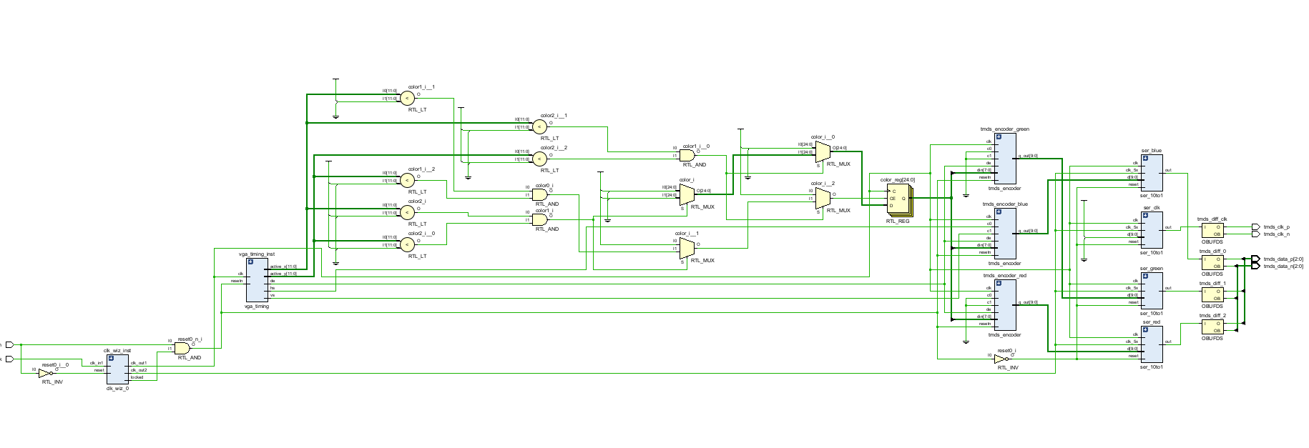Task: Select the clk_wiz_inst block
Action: pos(117,369)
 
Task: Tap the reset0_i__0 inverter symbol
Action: pos(44,373)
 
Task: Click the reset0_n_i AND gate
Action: pos(182,348)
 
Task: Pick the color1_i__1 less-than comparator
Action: pos(407,99)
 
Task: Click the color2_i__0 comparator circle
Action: pos(407,244)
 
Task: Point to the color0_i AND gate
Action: pos(540,194)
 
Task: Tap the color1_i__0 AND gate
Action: pos(687,155)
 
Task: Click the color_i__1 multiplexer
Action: pos(686,249)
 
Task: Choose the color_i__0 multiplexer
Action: pos(823,151)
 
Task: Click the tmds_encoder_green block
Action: pos(1005,159)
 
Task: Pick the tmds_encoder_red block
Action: pos(1005,305)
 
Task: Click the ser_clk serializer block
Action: pos(1152,230)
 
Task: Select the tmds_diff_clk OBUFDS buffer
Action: pos(1212,230)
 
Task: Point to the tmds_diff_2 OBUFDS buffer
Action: pos(1212,327)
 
